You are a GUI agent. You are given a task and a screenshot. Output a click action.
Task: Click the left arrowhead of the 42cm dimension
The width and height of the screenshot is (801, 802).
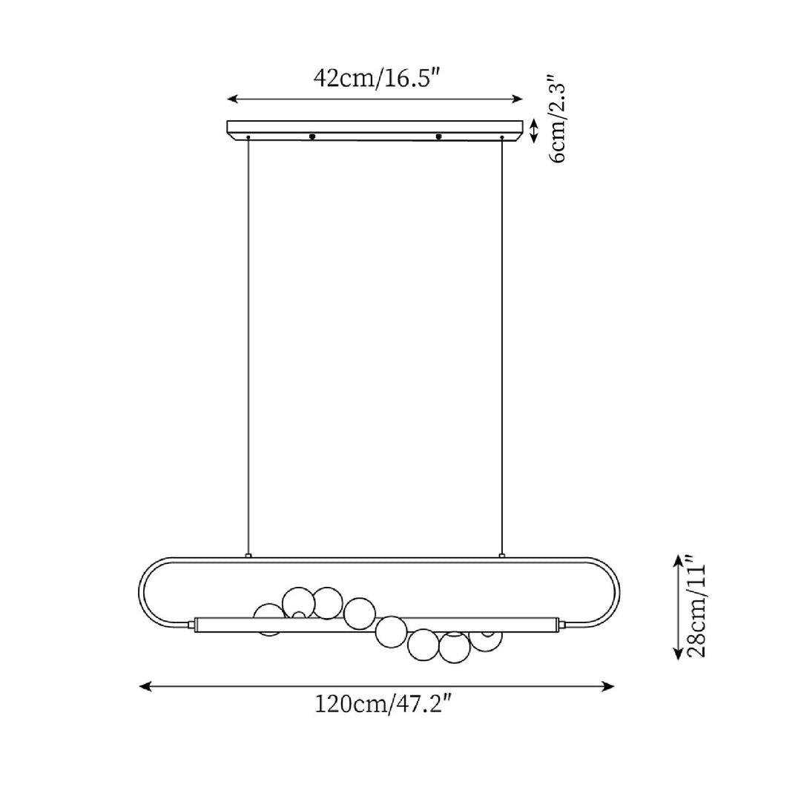tap(232, 99)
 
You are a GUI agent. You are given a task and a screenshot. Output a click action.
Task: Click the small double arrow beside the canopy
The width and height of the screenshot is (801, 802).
tap(533, 131)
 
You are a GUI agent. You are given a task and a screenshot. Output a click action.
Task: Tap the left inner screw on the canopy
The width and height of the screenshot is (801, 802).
tap(312, 137)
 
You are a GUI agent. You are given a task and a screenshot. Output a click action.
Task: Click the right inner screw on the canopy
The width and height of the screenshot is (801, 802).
tap(439, 137)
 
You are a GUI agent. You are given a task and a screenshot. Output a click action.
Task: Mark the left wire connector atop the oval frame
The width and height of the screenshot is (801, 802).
tap(248, 555)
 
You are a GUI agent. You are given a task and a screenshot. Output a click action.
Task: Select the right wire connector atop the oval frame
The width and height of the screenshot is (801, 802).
tap(502, 555)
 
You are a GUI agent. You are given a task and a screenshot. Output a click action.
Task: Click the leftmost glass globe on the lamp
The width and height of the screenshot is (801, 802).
tap(268, 619)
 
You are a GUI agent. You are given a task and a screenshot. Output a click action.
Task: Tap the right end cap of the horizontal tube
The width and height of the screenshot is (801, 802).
tap(563, 625)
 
